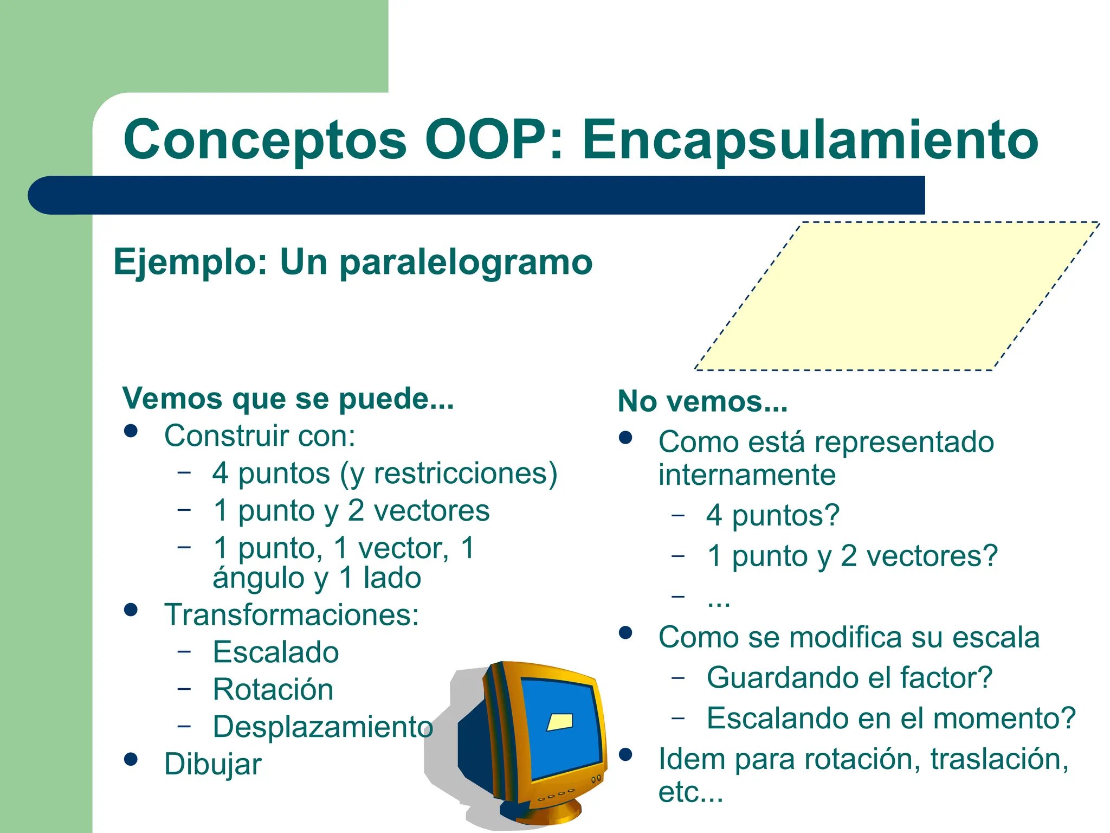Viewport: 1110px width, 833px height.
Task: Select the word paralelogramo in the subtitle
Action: [x=466, y=262]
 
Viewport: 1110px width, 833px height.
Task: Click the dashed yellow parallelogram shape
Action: [x=897, y=296]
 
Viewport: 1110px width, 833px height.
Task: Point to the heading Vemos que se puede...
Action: [x=288, y=399]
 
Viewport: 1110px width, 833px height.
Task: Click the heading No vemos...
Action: [x=702, y=402]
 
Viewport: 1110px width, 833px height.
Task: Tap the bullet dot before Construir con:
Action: [x=131, y=431]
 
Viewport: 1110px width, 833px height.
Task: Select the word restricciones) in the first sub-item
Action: [x=466, y=473]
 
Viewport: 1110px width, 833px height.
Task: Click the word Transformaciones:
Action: [x=292, y=615]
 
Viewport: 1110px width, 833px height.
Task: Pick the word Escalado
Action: [x=276, y=652]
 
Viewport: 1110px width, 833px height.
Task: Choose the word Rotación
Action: [x=273, y=690]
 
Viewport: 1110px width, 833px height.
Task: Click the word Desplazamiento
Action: [x=323, y=727]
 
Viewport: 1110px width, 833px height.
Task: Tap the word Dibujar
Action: [x=213, y=764]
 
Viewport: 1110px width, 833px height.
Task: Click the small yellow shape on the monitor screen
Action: [x=560, y=722]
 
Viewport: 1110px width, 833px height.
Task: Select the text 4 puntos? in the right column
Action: [x=773, y=515]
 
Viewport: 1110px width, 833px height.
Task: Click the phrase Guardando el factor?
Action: [x=849, y=678]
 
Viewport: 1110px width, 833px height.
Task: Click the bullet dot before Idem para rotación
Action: [x=625, y=754]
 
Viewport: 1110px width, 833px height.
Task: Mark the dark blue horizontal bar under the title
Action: [x=477, y=195]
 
